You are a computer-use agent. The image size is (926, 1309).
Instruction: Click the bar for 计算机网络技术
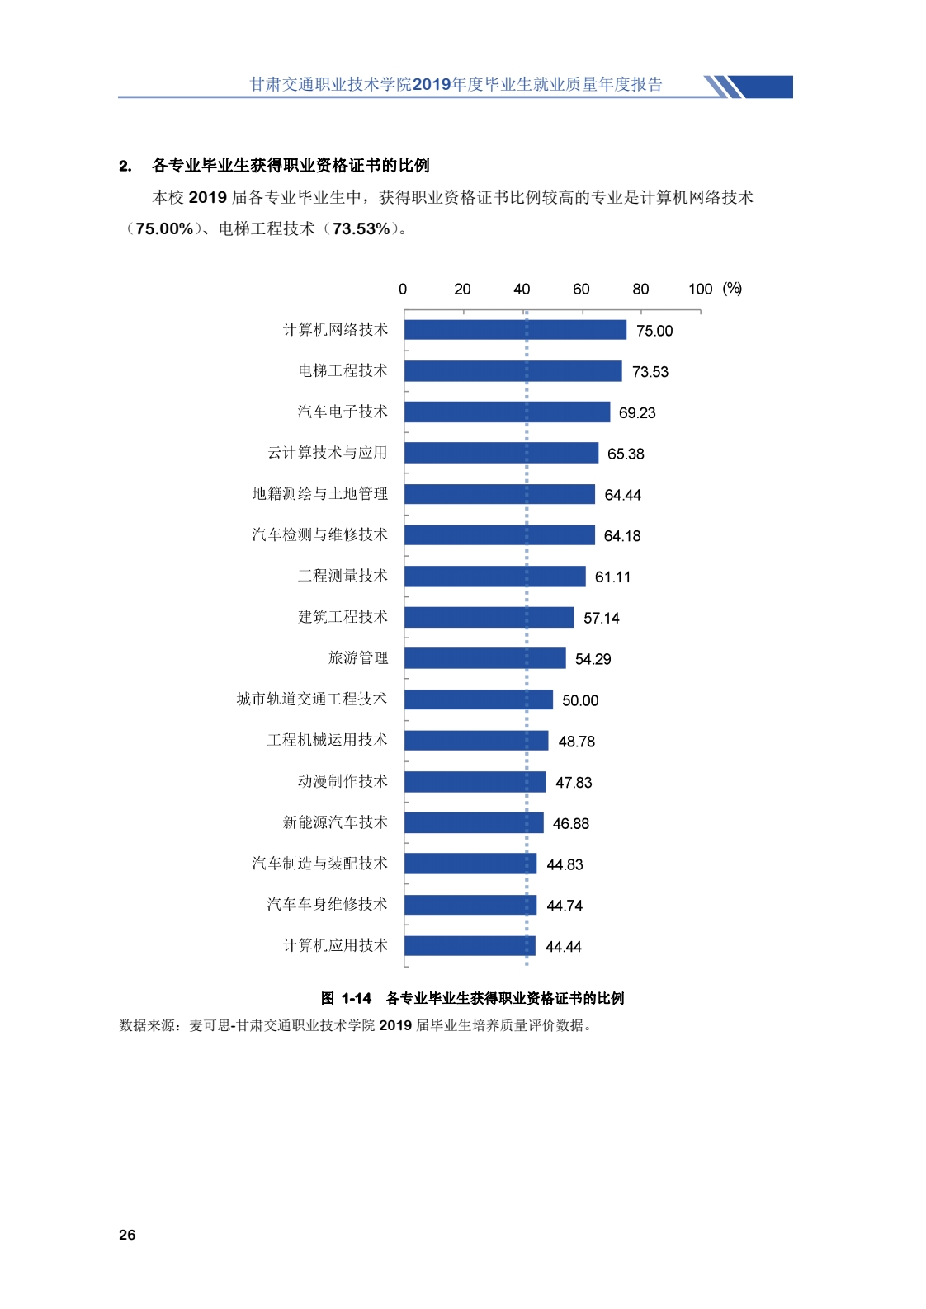pos(515,330)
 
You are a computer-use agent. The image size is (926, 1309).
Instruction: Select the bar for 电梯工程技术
pos(513,371)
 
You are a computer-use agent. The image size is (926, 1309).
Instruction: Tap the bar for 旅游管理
pos(484,658)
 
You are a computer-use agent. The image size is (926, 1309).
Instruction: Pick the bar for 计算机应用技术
pos(470,946)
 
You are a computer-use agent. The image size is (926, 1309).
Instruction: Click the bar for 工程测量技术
pos(494,577)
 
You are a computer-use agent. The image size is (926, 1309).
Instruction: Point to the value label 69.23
pos(637,413)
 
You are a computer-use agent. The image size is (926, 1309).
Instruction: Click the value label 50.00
pos(580,700)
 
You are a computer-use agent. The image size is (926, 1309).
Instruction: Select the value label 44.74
pos(565,906)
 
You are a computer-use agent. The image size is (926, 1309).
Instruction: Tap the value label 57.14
pos(601,619)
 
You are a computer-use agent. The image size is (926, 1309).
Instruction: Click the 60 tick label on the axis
pos(581,290)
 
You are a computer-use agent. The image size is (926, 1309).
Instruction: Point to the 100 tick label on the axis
pos(700,290)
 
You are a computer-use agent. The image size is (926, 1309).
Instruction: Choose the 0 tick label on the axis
pos(403,290)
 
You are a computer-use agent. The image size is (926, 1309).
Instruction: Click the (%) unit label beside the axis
pos(732,289)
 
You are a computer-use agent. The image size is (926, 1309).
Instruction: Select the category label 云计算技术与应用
pos(327,453)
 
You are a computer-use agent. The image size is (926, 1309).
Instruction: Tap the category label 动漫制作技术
pos(342,781)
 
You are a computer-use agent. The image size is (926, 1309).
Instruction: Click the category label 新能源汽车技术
pos(334,822)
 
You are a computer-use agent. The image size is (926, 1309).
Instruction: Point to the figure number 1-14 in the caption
pos(357,999)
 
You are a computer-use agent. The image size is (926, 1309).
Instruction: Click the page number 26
pos(127,1235)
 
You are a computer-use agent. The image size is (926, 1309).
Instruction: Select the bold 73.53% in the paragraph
pos(361,229)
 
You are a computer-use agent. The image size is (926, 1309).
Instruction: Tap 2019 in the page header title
pos(432,84)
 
